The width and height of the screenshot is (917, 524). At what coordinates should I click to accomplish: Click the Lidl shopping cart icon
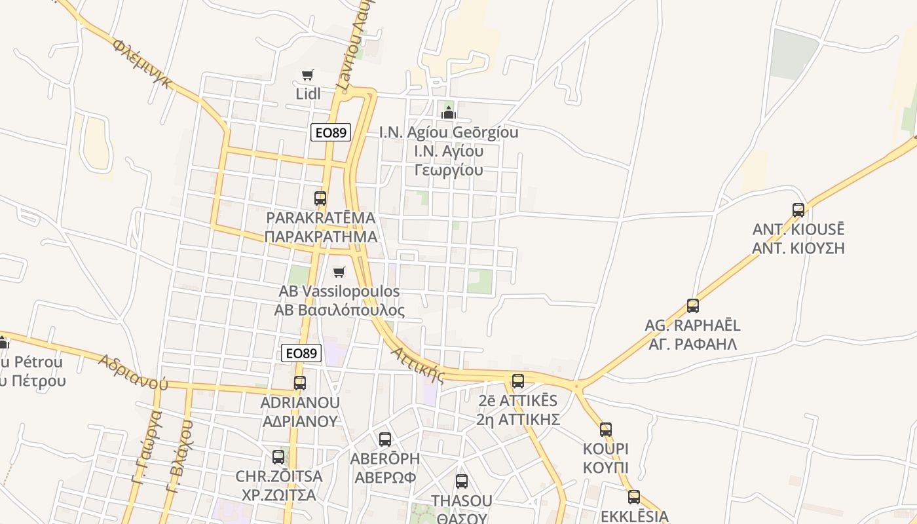click(x=308, y=75)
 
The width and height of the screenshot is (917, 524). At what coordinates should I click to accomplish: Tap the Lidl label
click(x=308, y=94)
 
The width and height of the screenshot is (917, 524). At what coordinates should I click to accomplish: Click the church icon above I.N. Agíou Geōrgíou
click(x=449, y=112)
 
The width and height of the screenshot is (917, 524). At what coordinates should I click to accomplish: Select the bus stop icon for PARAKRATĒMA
click(x=320, y=198)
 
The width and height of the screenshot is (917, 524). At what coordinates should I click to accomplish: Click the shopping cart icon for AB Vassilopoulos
click(x=339, y=272)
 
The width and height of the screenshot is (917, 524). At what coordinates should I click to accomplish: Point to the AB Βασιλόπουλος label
click(x=339, y=310)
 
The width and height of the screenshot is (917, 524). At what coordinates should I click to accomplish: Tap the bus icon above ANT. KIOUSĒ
click(x=798, y=210)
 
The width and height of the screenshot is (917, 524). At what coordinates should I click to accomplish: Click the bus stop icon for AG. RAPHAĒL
click(x=693, y=305)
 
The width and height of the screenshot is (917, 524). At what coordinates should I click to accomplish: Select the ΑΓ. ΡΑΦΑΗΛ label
click(x=693, y=344)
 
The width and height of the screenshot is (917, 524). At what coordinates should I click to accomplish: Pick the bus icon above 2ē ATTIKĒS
click(x=518, y=381)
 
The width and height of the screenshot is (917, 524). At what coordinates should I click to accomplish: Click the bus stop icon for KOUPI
click(x=606, y=430)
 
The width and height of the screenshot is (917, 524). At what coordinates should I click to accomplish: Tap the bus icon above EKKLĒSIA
click(x=634, y=497)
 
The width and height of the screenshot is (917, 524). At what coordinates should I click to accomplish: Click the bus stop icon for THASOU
click(x=462, y=481)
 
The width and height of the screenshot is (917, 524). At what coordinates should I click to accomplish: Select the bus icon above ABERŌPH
click(x=385, y=439)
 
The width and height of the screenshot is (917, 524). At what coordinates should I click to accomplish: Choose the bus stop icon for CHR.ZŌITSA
click(x=279, y=457)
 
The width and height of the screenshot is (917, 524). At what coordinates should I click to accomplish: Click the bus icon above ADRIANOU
click(x=300, y=383)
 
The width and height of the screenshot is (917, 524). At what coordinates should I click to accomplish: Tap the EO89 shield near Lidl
click(x=331, y=132)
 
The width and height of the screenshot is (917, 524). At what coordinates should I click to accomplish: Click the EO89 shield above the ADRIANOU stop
click(x=302, y=353)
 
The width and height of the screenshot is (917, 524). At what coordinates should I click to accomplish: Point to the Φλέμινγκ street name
click(x=143, y=64)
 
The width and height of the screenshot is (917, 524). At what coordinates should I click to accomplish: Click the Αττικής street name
click(x=418, y=365)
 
